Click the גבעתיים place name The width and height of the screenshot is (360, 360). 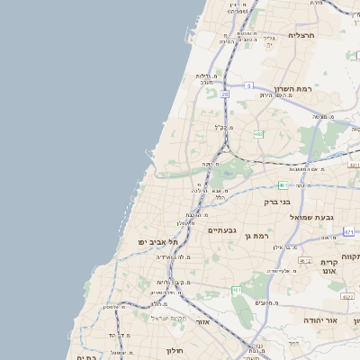(221, 230)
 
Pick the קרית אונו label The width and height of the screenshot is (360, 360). (327, 266)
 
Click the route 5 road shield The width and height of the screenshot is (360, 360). (247, 85)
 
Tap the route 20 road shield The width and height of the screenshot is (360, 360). (224, 94)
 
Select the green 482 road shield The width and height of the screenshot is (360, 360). (259, 134)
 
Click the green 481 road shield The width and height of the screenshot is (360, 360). (283, 185)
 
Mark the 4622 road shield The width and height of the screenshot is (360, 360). (347, 296)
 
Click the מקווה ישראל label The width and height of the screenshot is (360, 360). (167, 318)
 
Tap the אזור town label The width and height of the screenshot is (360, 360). (202, 321)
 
